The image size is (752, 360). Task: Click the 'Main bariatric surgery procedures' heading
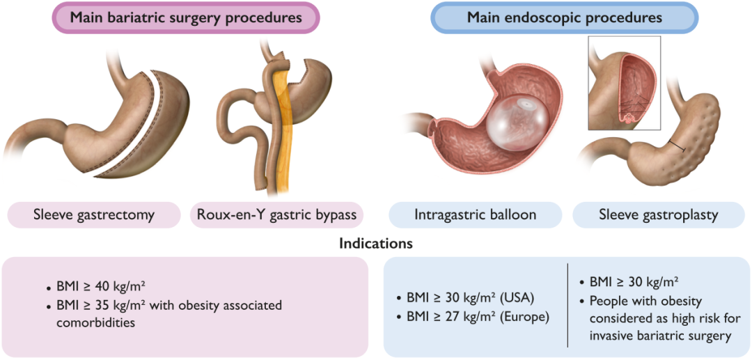click(185, 17)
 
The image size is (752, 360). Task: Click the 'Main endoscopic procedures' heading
click(564, 17)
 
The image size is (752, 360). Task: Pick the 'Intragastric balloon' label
click(476, 214)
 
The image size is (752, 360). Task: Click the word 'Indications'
click(376, 244)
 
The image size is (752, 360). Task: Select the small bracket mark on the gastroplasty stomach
click(676, 146)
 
